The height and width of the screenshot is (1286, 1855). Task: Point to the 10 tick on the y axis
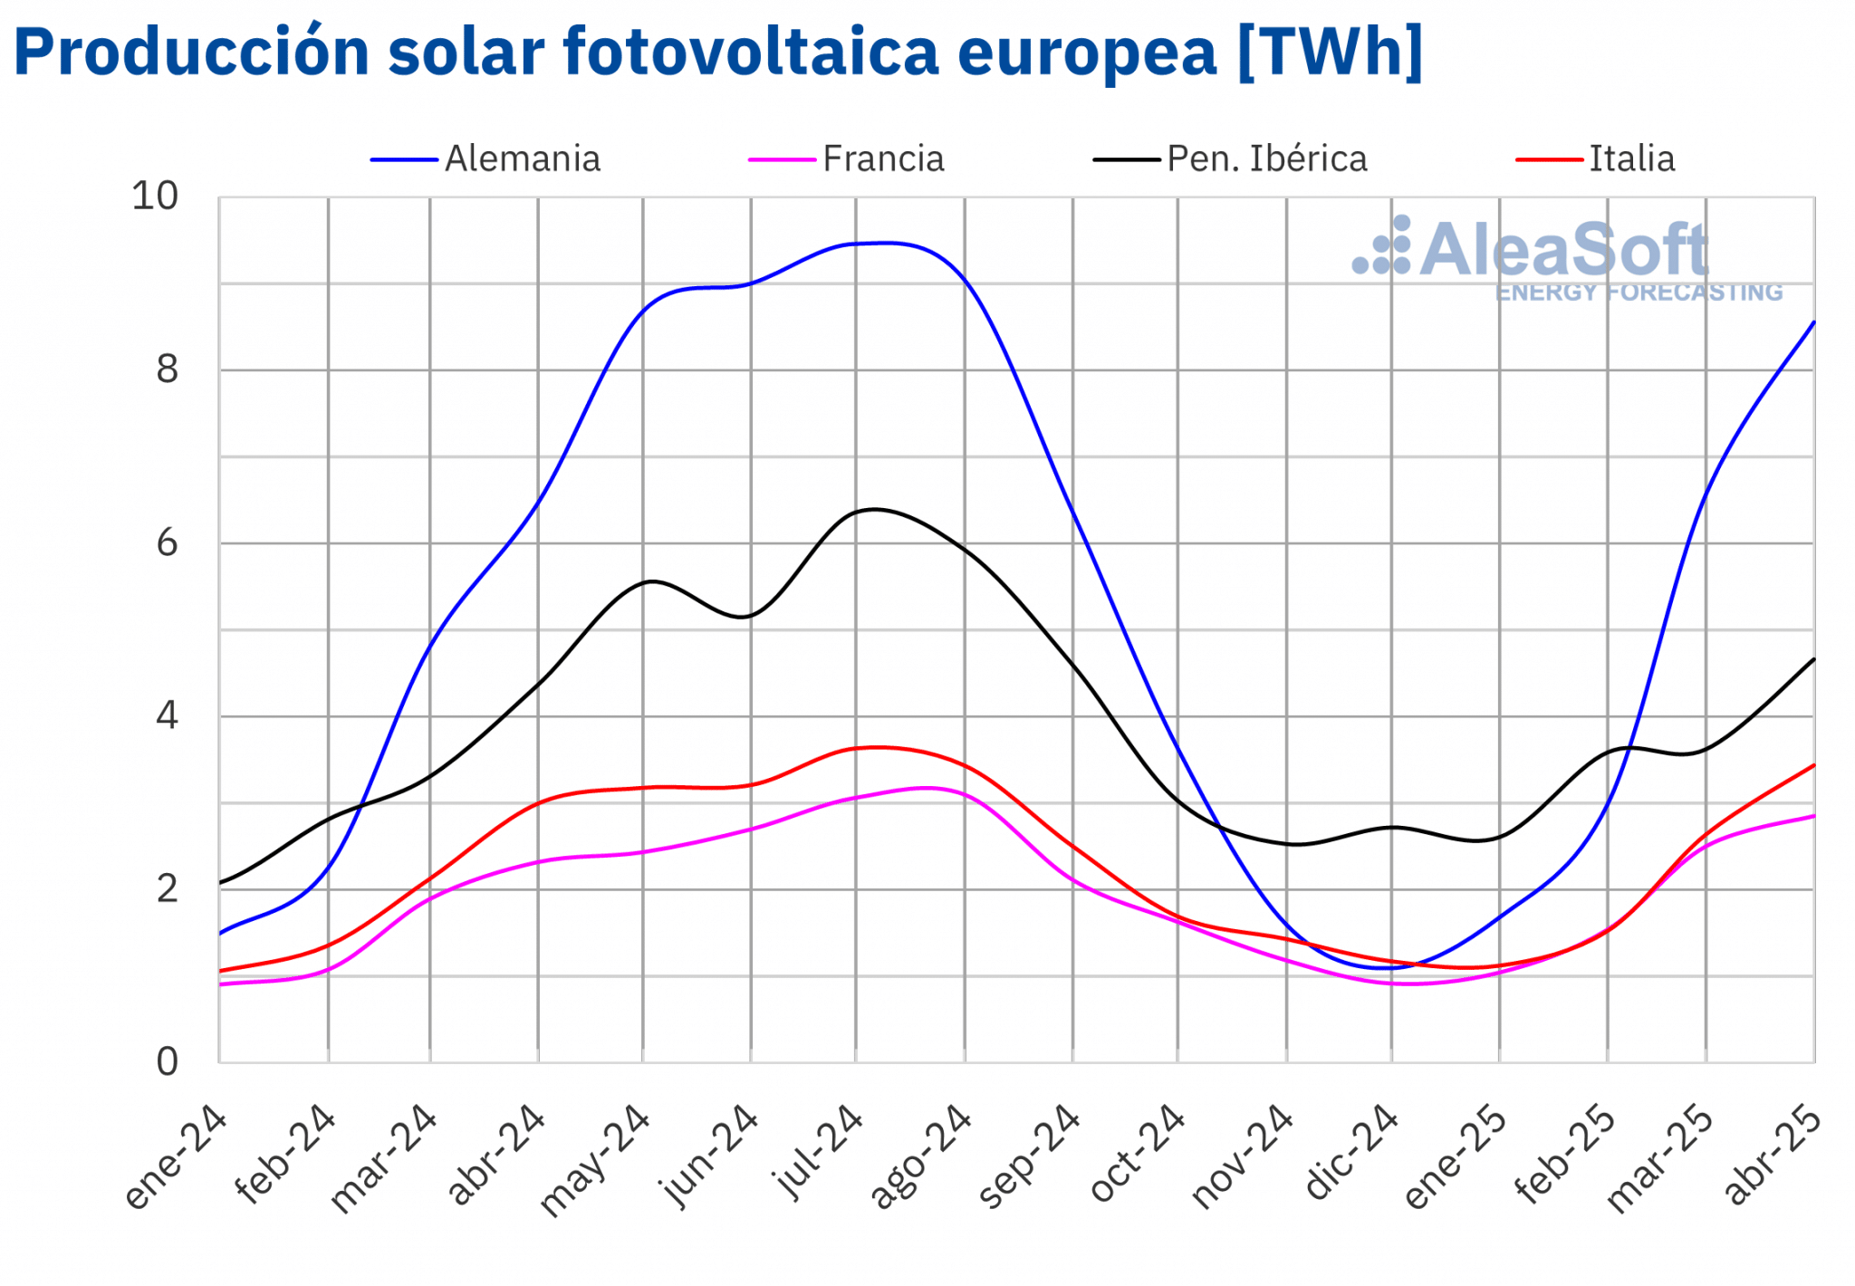(155, 196)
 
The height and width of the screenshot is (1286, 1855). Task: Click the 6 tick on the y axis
(167, 543)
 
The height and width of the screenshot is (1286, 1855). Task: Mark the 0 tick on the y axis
(167, 1061)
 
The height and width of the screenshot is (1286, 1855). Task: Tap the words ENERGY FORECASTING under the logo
(1639, 293)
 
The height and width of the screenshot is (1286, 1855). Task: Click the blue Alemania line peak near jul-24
(883, 243)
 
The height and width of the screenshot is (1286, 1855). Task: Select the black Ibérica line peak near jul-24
(874, 509)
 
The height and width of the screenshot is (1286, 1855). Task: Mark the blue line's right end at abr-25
(1813, 322)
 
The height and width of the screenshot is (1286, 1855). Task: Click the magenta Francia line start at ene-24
(221, 984)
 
